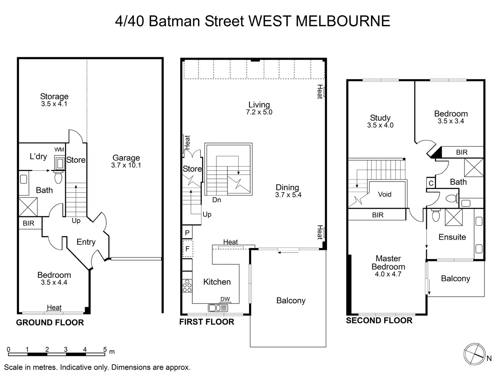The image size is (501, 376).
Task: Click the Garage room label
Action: click(126, 158)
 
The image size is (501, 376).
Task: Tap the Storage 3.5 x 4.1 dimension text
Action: click(54, 104)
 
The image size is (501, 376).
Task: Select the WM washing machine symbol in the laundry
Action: click(60, 163)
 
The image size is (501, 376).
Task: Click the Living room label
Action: click(259, 105)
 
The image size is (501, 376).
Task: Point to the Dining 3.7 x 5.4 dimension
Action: click(288, 195)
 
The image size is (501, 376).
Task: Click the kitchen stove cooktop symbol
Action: click(187, 285)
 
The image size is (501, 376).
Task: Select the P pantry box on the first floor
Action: click(187, 233)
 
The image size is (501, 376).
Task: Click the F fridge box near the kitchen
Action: click(187, 249)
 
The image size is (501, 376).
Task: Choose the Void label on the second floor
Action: click(385, 194)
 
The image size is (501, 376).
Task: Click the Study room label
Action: click(380, 118)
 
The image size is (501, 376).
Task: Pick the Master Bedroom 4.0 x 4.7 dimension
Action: click(388, 274)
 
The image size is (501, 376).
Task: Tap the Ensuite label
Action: click(452, 237)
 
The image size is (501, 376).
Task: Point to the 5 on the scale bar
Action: click(105, 349)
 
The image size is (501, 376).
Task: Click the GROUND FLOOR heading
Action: click(50, 323)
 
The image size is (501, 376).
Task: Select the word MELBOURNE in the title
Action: click(343, 21)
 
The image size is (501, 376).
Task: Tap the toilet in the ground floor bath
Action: click(58, 177)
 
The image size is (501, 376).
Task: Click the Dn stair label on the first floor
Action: click(216, 200)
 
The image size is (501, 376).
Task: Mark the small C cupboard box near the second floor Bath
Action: click(431, 183)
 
